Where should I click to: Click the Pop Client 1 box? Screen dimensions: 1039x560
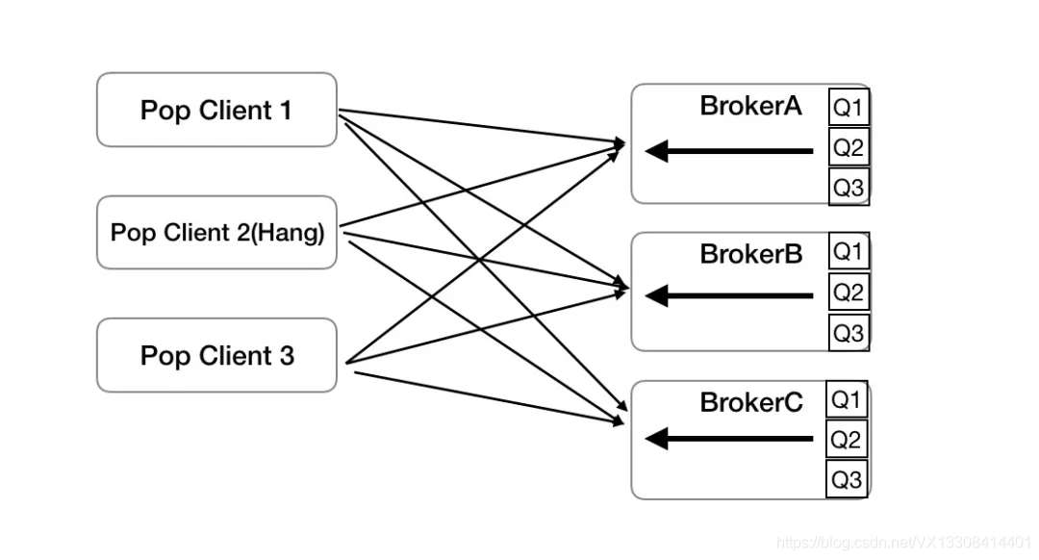(216, 110)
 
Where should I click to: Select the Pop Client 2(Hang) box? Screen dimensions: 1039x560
(216, 233)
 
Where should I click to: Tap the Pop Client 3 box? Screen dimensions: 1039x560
(216, 355)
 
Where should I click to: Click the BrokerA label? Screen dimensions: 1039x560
(750, 106)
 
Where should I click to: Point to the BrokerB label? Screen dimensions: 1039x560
(751, 254)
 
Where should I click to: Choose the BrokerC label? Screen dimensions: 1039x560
(751, 402)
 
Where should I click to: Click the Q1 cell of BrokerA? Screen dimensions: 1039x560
(849, 107)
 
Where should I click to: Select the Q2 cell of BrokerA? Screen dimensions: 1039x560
(849, 147)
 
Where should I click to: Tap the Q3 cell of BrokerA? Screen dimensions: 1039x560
(849, 187)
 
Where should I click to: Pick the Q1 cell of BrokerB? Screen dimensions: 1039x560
(849, 251)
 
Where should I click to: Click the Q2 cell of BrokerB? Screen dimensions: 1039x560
(849, 292)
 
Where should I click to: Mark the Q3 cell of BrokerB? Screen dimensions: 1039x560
(849, 332)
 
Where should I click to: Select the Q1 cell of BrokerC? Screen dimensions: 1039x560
(847, 399)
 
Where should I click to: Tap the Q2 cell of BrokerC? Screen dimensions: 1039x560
(847, 439)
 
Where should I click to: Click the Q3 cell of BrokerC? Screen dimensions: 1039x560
(847, 479)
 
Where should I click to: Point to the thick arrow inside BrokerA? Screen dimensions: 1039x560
(729, 151)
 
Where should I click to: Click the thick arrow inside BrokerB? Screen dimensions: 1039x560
(729, 295)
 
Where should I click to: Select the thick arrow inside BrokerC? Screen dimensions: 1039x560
(729, 439)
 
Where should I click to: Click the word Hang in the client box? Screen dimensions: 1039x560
(288, 233)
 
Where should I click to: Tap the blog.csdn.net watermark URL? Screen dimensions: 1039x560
(903, 543)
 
